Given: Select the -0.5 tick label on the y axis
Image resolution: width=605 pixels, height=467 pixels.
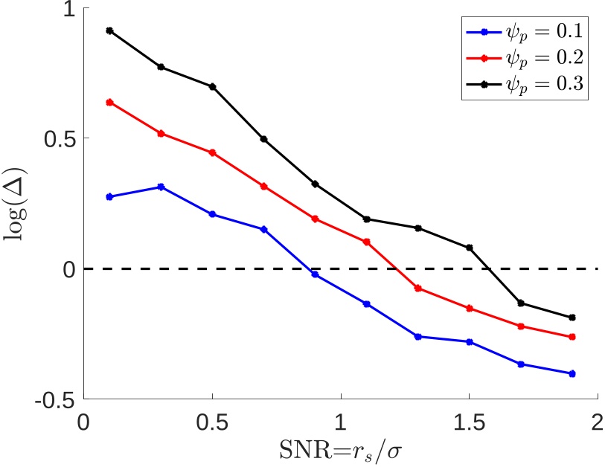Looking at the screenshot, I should tap(54, 399).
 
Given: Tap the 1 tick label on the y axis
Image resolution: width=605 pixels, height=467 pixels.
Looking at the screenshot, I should tap(65, 8).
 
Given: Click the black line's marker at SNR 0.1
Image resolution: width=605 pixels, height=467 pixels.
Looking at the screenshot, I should tap(109, 30).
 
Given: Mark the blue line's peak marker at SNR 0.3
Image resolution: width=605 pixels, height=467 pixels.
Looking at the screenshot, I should tap(161, 187).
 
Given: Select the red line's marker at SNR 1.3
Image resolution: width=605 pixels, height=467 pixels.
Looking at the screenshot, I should tap(417, 288).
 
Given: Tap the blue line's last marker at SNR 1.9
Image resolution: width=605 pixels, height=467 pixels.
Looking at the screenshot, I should tap(572, 373).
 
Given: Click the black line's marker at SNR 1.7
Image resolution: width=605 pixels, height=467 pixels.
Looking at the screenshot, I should tap(520, 303).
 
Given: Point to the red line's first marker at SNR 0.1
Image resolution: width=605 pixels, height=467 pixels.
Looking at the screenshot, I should tap(109, 102).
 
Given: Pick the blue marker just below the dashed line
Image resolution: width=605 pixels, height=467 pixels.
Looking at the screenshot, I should tap(315, 274).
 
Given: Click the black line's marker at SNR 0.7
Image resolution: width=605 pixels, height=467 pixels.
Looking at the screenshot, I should tap(263, 139).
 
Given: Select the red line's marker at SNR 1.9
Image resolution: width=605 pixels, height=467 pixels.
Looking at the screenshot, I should tap(572, 337).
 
